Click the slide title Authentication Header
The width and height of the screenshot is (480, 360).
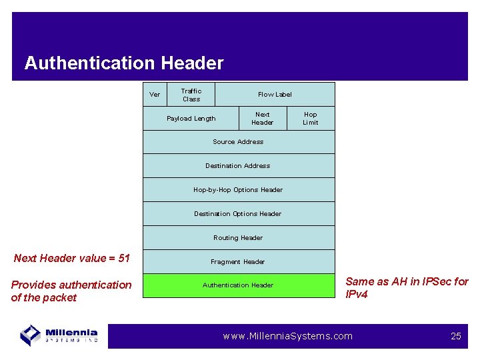coord(124,63)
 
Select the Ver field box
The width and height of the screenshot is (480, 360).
coord(155,95)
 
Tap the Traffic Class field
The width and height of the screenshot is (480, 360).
coord(191,95)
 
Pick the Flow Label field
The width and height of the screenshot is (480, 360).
coord(275,95)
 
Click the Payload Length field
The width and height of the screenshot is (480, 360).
coord(191,119)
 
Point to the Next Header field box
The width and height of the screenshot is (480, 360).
coord(263,119)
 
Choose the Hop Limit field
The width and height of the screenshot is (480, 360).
coord(311,119)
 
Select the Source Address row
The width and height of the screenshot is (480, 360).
coord(238,142)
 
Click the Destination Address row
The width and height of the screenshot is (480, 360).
coord(238,166)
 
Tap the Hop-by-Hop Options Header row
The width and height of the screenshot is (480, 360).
coord(238,190)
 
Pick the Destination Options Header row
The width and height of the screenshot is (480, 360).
coord(238,214)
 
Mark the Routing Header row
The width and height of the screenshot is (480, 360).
coord(238,238)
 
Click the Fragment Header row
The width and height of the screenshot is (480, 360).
coord(238,262)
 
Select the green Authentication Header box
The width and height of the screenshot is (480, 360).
coord(238,285)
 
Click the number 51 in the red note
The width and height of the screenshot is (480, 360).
coord(123,258)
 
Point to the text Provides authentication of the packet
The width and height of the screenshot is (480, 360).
coord(71,291)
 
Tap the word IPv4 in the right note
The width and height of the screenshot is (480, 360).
coord(357,294)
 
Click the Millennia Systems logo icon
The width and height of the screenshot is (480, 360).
coord(31,335)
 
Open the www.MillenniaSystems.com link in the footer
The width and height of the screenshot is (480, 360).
coord(287,336)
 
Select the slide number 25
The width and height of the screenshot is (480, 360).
coord(456,336)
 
